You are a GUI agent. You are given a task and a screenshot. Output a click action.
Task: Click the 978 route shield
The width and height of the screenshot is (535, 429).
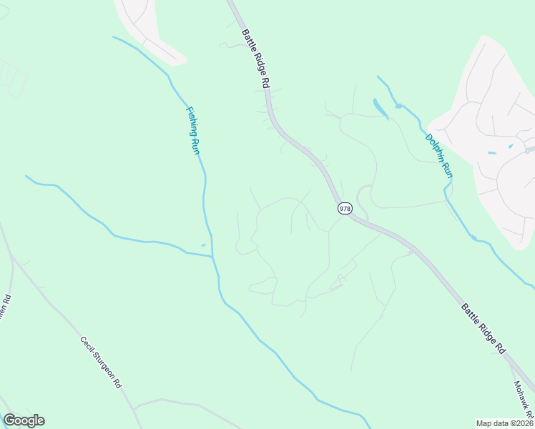click(x=345, y=208)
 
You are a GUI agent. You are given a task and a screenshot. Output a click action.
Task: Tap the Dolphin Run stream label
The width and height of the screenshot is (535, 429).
click(x=439, y=156)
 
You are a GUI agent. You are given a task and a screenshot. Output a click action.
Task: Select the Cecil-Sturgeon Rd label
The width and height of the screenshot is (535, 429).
click(x=100, y=362)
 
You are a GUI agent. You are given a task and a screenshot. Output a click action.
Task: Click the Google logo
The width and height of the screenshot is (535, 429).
click(x=24, y=420)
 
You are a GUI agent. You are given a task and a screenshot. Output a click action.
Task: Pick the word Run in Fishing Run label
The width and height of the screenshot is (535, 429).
click(x=194, y=145)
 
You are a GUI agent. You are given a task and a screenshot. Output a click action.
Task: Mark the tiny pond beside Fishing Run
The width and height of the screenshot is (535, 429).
click(x=203, y=245)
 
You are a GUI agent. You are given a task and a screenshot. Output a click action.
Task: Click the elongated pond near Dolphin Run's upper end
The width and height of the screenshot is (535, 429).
click(x=379, y=107)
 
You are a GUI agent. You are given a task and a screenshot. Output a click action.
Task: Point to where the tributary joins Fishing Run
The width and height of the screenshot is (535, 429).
click(x=212, y=255)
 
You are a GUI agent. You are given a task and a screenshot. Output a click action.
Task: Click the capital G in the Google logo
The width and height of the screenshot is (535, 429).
click(x=9, y=420)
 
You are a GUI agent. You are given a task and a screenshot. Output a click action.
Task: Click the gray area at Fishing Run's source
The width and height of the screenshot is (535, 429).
click(x=147, y=29)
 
